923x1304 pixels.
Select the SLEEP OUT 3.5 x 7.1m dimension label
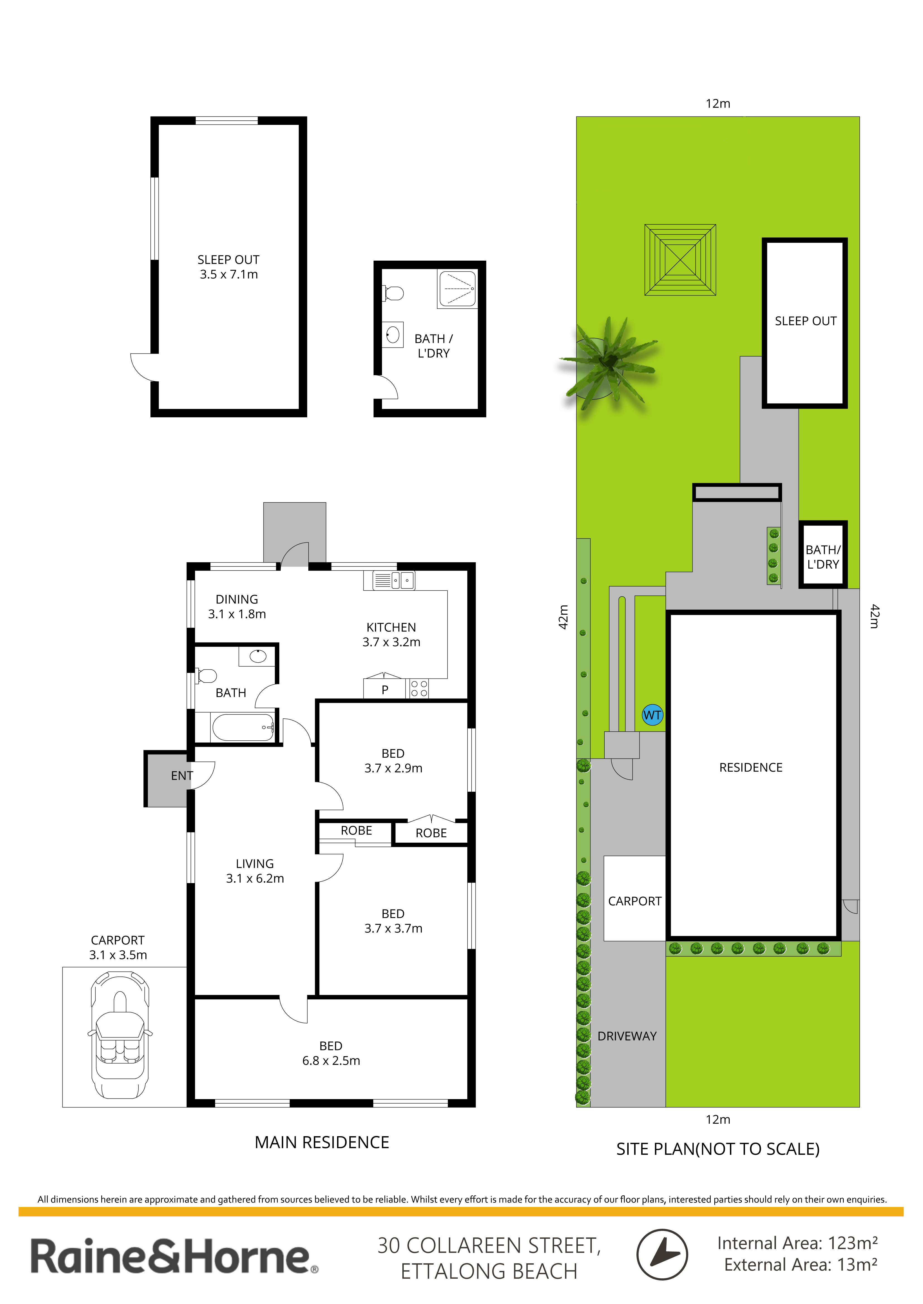click(229, 267)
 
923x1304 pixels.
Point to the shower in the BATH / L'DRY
click(457, 289)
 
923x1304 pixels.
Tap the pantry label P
click(385, 690)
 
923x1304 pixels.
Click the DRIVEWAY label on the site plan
click(627, 1036)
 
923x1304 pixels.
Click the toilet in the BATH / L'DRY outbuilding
click(393, 293)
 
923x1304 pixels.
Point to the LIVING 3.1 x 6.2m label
click(255, 871)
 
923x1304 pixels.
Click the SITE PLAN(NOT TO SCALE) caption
click(718, 1149)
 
